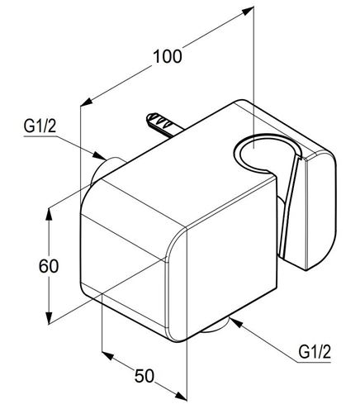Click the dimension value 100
[168, 56]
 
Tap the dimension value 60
[49, 266]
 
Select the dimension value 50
[144, 375]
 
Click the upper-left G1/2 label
[40, 126]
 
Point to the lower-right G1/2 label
[315, 352]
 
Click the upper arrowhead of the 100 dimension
[247, 12]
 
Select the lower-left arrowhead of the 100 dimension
[86, 102]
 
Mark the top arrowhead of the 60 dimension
[49, 214]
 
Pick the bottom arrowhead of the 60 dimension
[49, 318]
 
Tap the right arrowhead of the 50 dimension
[181, 396]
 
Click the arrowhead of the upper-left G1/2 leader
[100, 156]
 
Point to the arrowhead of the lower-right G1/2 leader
[235, 322]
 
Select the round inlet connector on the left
[106, 169]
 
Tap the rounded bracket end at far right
[320, 209]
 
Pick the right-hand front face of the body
[231, 256]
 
